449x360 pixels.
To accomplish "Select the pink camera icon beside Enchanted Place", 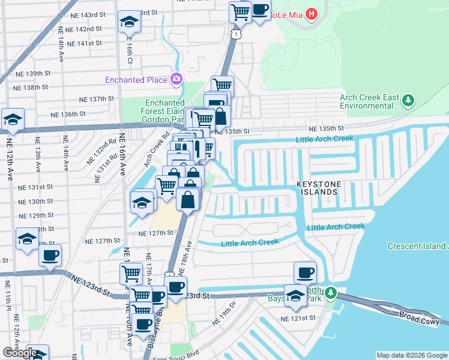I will click(176, 79).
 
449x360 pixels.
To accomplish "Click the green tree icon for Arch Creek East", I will click(408, 100).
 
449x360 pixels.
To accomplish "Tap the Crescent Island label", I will click(417, 246).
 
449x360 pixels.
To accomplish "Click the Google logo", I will click(19, 353).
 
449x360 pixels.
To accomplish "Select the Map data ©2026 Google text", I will click(411, 355).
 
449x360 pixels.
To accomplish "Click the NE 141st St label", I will click(84, 43).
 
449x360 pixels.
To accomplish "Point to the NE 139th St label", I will click(34, 73).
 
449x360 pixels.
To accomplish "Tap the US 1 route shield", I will click(238, 35).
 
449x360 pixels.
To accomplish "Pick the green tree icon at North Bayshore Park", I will click(331, 295).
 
